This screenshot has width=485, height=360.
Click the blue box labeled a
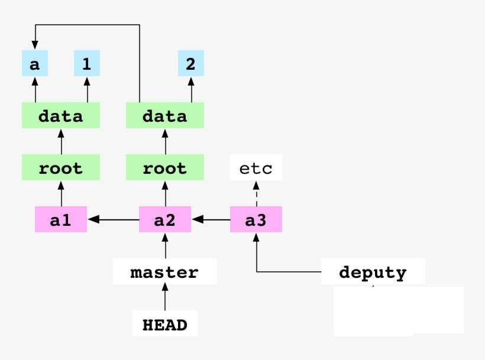pyautogui.click(x=35, y=64)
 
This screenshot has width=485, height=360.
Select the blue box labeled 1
pyautogui.click(x=87, y=64)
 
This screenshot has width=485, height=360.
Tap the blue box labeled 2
pyautogui.click(x=190, y=64)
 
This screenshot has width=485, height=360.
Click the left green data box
pyautogui.click(x=61, y=116)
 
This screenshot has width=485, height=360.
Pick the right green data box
pyautogui.click(x=165, y=116)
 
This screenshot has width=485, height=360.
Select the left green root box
pyautogui.click(x=61, y=168)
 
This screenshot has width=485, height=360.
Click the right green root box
pyautogui.click(x=165, y=168)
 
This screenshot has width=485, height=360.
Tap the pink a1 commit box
pyautogui.click(x=61, y=220)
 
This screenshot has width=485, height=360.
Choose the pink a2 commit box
pyautogui.click(x=165, y=220)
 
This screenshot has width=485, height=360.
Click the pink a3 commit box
pyautogui.click(x=256, y=220)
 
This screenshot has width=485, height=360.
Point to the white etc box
pyautogui.click(x=256, y=168)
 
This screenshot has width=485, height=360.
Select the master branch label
pyautogui.click(x=165, y=273)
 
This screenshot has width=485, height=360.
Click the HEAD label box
pyautogui.click(x=165, y=324)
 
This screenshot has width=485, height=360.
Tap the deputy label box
pyautogui.click(x=373, y=273)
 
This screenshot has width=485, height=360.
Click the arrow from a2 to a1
pyautogui.click(x=114, y=220)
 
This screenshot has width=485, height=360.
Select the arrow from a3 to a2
pyautogui.click(x=211, y=220)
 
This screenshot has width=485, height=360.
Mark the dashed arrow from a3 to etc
pyautogui.click(x=256, y=193)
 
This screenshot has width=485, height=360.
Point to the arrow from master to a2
pyautogui.click(x=165, y=246)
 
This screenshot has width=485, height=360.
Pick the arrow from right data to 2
pyautogui.click(x=190, y=90)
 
